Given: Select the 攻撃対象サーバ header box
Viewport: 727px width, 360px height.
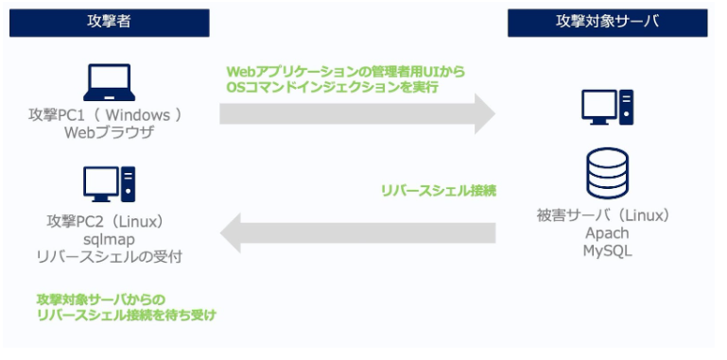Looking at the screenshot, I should pyautogui.click(x=607, y=23).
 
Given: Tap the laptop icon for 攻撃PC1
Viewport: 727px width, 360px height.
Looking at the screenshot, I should pyautogui.click(x=112, y=82).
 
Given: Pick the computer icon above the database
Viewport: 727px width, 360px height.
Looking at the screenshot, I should pyautogui.click(x=607, y=107).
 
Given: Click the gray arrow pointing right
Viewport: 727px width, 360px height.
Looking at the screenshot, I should pyautogui.click(x=357, y=114).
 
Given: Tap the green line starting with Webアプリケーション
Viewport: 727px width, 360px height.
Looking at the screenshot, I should pyautogui.click(x=345, y=71).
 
